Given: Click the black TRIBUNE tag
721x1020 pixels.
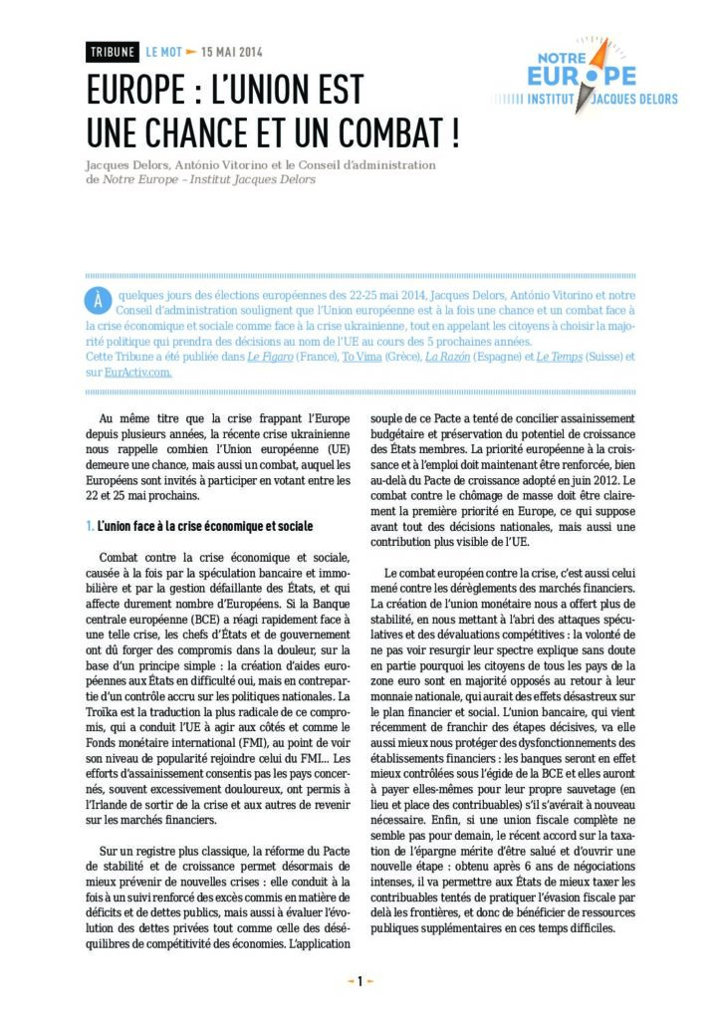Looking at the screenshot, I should point(113,51).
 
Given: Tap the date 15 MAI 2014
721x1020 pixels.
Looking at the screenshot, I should point(232,51).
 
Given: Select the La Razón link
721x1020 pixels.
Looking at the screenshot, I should point(452,357).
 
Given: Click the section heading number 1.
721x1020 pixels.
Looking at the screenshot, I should point(90,525).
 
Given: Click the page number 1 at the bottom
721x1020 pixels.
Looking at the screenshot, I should point(360,981).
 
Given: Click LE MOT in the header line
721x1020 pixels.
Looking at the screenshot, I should point(164,51).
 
